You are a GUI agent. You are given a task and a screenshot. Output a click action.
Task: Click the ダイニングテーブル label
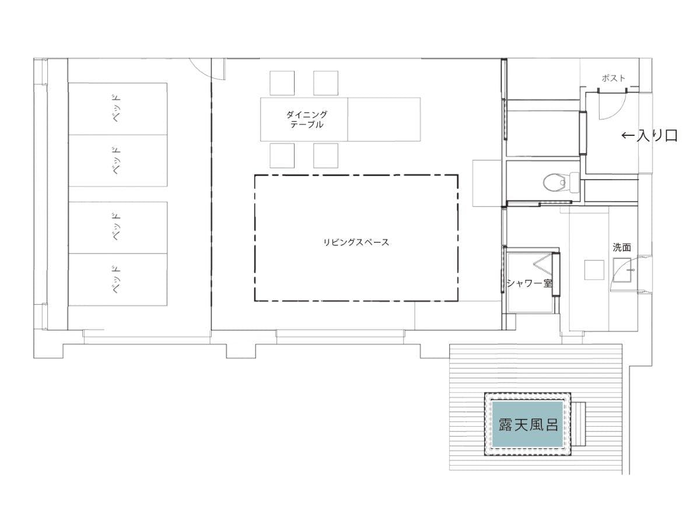click(x=306, y=119)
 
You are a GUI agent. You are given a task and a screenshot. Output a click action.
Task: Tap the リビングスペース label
click(x=356, y=242)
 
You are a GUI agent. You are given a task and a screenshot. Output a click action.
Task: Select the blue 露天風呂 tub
click(x=527, y=424)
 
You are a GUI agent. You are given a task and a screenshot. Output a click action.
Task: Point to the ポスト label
click(x=613, y=78)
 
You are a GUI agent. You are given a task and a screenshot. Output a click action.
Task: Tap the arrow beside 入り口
click(x=628, y=136)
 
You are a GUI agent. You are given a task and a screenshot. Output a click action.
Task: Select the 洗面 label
click(x=622, y=247)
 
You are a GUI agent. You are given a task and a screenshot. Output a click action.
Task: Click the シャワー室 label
click(x=530, y=283)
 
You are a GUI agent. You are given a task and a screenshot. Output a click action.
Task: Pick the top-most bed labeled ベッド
click(x=118, y=109)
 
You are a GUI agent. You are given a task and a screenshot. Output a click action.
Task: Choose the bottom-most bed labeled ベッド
click(x=118, y=280)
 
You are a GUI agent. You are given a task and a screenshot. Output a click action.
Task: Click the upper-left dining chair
click(x=282, y=83)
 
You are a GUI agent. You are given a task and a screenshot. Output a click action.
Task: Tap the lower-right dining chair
click(x=325, y=156)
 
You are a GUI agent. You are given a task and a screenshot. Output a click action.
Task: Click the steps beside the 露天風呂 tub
click(x=579, y=424)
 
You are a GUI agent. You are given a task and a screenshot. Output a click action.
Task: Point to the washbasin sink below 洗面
click(x=622, y=270)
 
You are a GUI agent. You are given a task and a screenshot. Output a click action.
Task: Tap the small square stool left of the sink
click(x=594, y=270)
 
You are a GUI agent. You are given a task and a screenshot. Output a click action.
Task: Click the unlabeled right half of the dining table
click(x=384, y=119)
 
